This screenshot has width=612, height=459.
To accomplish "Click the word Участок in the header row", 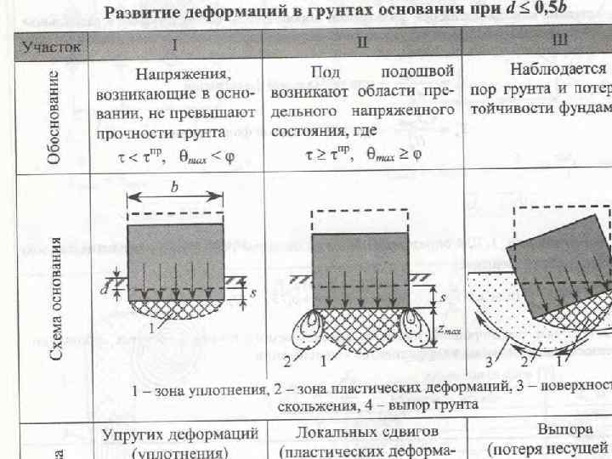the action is [x=52, y=47].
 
